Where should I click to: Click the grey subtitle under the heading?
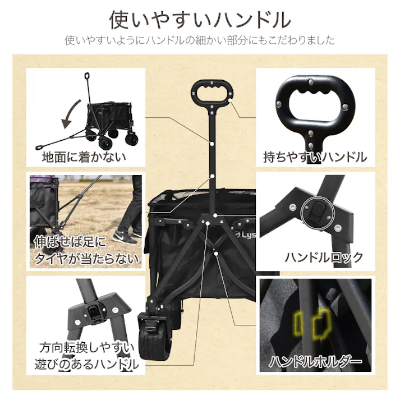point(200,40)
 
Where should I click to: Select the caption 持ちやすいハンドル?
point(315,157)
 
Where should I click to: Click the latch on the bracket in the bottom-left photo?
point(96,310)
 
